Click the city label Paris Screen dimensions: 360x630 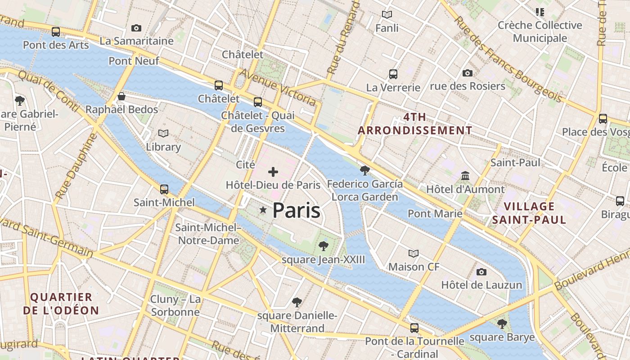[x=296, y=211]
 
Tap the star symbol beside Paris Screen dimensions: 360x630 [x=263, y=210]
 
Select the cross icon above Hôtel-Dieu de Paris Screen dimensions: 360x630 [x=273, y=171]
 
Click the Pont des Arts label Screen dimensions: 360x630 [x=56, y=45]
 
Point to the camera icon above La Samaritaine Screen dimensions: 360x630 [x=136, y=28]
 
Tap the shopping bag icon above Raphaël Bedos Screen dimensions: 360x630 [x=121, y=96]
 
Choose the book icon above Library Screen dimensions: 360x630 [x=163, y=133]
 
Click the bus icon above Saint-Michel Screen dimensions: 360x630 [x=164, y=189]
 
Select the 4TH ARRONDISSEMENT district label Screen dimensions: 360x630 [x=415, y=124]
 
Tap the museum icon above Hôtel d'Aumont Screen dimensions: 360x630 [x=465, y=175]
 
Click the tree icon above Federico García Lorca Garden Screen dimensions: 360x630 [x=365, y=170]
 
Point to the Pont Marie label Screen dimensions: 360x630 [x=435, y=213]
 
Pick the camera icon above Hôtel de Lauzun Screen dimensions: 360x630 [x=481, y=272]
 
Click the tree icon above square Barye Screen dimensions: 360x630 [x=502, y=324]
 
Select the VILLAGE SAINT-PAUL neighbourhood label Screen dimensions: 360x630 [x=529, y=213]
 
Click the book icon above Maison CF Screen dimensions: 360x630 [x=414, y=253]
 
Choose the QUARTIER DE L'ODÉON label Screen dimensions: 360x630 [x=61, y=304]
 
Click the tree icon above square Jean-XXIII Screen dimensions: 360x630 [x=323, y=246]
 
